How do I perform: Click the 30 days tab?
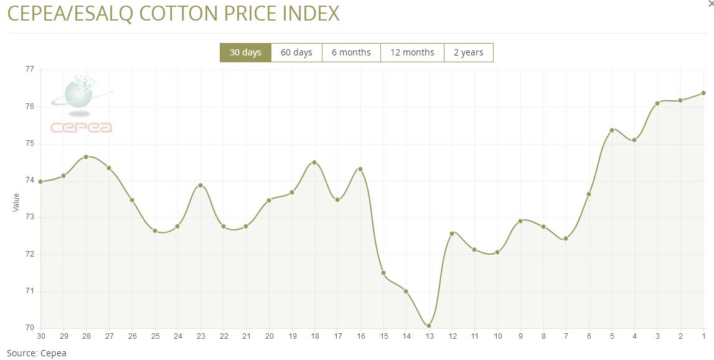pos(245,52)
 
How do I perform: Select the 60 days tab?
pos(296,52)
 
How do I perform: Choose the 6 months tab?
pos(351,52)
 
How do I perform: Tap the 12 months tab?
pos(412,52)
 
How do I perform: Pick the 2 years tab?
pos(468,52)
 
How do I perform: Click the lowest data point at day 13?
pos(429,326)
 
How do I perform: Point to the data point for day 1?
pos(703,93)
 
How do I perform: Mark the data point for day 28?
pos(86,157)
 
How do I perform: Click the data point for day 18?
pos(314,163)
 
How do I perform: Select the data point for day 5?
pos(612,130)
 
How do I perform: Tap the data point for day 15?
pos(383,273)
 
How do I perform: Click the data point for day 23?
pos(200,185)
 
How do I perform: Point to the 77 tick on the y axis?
pos(29,69)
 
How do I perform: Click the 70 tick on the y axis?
pos(29,328)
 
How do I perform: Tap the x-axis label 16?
pos(360,336)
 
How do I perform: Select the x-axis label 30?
pos(41,336)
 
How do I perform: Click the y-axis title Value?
pos(16,202)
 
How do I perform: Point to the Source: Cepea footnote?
pos(37,353)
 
